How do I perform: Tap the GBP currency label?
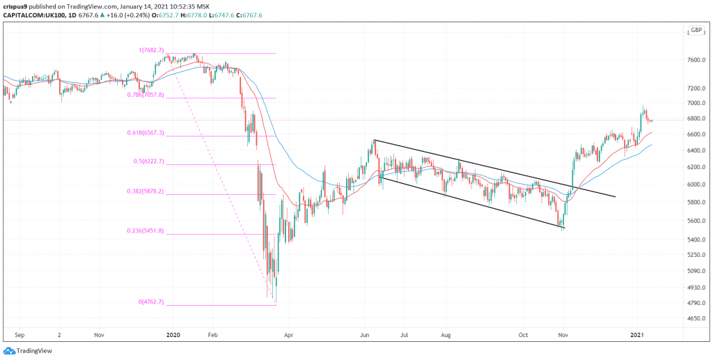pyautogui.click(x=695, y=30)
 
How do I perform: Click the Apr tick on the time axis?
pyautogui.click(x=288, y=334)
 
